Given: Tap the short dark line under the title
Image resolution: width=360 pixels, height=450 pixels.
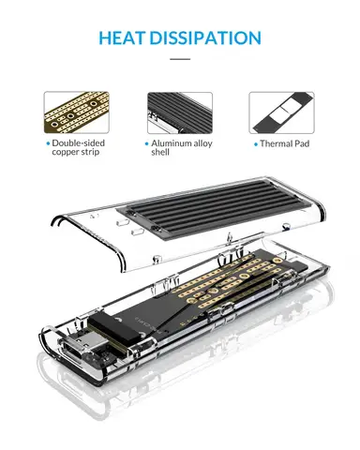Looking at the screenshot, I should point(180,59).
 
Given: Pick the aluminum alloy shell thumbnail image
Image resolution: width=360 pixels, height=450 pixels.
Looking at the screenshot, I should point(180,112).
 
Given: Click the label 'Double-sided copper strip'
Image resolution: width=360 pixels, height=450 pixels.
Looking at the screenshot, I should point(80,148).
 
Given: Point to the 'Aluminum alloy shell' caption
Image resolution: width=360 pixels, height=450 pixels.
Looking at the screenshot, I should point(183,148).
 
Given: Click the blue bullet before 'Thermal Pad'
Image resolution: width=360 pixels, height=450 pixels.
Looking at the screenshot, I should point(256,144).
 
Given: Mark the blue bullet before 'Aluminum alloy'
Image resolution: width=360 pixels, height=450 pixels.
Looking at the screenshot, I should point(146,143).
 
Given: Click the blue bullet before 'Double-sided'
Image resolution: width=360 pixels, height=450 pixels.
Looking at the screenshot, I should point(52,143).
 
